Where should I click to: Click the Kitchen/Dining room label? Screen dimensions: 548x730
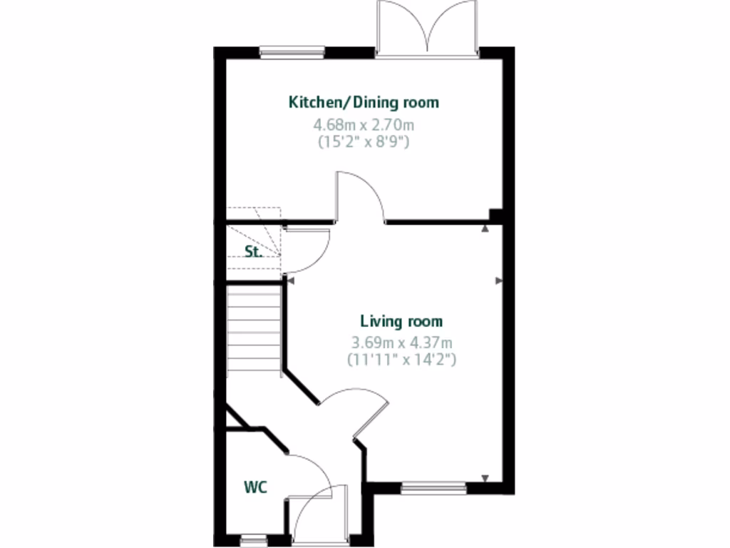click(364, 102)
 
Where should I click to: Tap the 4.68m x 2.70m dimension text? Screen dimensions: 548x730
click(364, 126)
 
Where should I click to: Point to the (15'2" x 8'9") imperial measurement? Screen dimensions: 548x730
click(364, 141)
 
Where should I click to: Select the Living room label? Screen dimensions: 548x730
click(401, 321)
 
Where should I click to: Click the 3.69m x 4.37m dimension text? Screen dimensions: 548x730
click(401, 343)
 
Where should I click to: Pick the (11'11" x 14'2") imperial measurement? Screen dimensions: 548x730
click(401, 359)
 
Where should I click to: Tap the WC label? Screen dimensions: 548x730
click(255, 487)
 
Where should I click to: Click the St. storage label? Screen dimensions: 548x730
click(253, 251)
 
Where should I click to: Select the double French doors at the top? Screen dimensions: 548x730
click(427, 29)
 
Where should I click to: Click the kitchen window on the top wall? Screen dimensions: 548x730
click(292, 51)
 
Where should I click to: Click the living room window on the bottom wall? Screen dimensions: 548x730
click(433, 489)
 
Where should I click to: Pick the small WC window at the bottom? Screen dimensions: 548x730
click(251, 540)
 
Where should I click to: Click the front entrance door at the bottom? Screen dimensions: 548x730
click(317, 514)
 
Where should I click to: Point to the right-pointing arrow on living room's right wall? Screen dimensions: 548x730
click(498, 281)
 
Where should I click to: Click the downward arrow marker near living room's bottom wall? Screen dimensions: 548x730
click(485, 478)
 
